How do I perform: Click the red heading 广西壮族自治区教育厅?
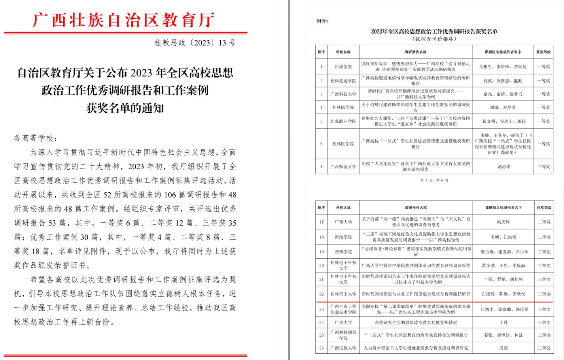pos(124,20)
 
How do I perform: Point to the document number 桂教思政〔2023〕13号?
pos(195,43)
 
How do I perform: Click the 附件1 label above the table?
pos(322,21)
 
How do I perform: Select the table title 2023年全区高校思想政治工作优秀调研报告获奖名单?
pos(434,31)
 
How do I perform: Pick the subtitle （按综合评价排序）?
pos(434,39)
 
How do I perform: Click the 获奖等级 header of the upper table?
pos(543,52)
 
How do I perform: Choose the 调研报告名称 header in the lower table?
pos(415,208)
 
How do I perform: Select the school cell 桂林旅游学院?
pos(343,81)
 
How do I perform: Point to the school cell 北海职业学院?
pos(343,121)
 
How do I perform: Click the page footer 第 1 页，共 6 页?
pos(434,180)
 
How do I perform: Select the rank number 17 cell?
pos(321,222)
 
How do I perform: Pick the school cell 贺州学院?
pos(343,252)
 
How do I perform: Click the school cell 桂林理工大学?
pos(343,294)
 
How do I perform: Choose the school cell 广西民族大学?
pos(343,348)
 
